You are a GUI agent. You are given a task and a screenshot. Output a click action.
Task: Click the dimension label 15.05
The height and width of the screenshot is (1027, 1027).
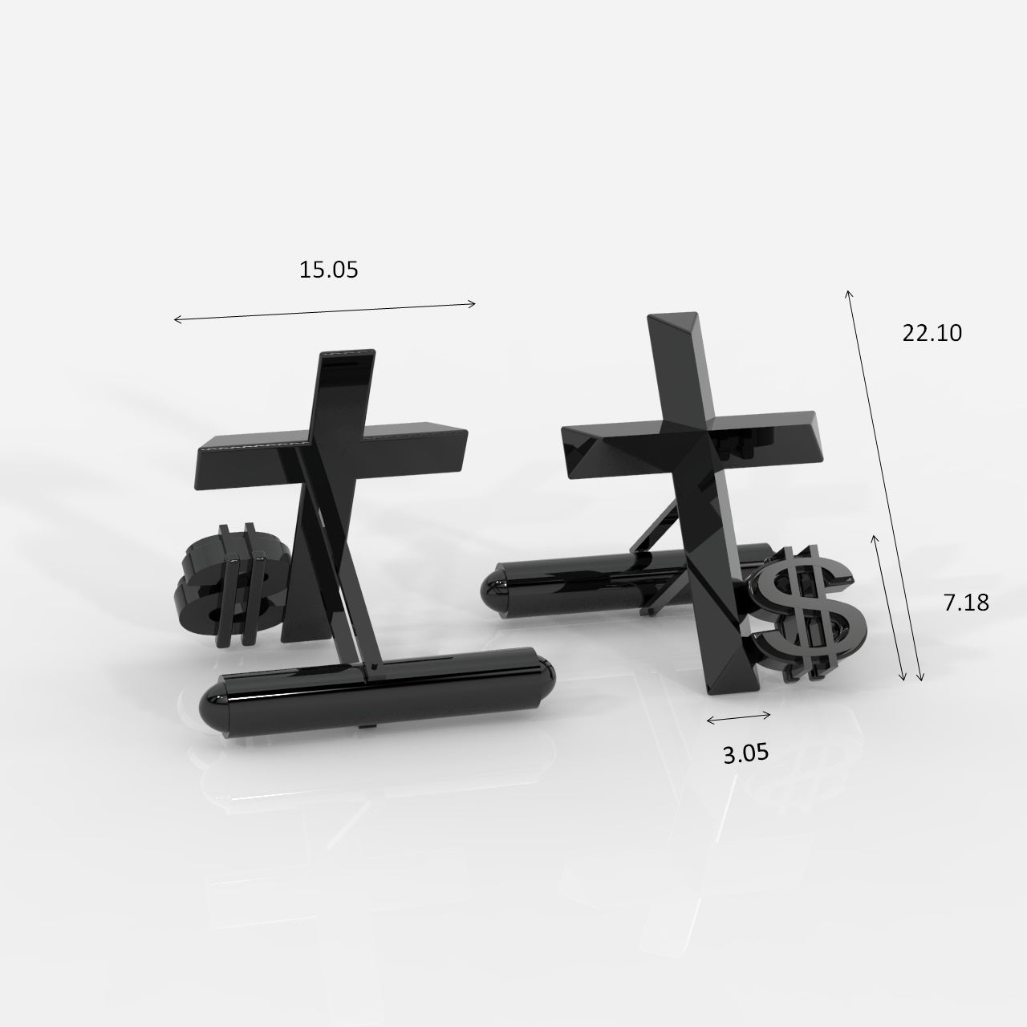click(328, 270)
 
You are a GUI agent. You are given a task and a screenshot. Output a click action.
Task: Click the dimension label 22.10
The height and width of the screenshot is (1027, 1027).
click(932, 332)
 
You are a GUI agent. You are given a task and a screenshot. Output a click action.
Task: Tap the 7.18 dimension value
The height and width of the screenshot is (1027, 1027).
click(965, 603)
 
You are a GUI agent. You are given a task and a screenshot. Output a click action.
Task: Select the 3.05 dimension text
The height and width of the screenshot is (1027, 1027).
click(745, 753)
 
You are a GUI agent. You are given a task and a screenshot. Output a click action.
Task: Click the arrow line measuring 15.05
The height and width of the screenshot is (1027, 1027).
click(325, 311)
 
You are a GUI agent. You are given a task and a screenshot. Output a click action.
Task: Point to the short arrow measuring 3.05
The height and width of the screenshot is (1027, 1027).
click(739, 717)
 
